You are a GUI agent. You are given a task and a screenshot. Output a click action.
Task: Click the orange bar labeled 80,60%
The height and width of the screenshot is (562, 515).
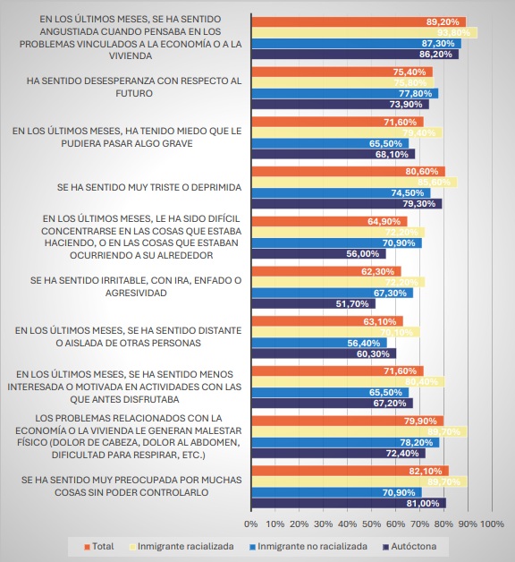(x=348, y=171)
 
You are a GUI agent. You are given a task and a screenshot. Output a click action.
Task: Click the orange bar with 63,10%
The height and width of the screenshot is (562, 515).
(x=327, y=319)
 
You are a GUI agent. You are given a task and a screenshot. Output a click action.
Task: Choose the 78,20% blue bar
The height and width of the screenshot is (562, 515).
(x=345, y=442)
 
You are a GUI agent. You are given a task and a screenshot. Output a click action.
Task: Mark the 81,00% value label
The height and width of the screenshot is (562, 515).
(x=427, y=503)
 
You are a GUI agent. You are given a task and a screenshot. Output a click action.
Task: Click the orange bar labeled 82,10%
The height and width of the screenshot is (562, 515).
(x=350, y=470)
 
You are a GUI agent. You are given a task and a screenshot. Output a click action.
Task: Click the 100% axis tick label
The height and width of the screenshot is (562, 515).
(x=493, y=523)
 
